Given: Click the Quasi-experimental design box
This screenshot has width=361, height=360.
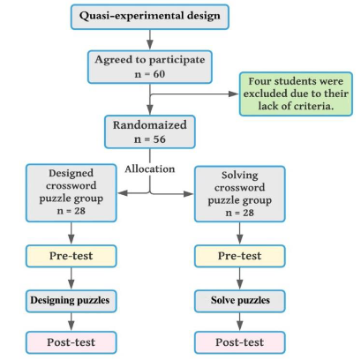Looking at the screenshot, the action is click(x=150, y=17).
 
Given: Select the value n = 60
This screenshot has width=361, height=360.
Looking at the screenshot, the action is click(x=150, y=74).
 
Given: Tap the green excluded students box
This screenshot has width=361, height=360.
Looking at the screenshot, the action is click(x=296, y=94).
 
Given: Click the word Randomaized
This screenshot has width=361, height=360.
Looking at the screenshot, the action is click(x=150, y=125).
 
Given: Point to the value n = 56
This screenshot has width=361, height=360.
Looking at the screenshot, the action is click(x=150, y=139).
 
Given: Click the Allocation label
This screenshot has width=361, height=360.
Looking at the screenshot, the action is click(x=150, y=169).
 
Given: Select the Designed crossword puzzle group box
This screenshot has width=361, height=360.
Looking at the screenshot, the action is click(x=71, y=193).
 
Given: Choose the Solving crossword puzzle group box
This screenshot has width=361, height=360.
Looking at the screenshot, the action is click(x=240, y=194).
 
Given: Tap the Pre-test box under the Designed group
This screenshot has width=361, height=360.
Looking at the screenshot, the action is click(x=71, y=256).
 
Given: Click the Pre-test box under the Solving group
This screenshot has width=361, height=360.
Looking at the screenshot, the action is click(x=240, y=256).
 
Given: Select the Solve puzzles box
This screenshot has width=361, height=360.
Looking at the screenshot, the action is click(x=240, y=301).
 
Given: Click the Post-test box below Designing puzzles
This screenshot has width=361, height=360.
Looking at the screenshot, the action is click(x=71, y=342).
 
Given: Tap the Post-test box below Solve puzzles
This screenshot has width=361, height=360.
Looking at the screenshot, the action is click(x=240, y=342).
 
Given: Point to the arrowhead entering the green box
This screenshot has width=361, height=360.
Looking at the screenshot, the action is click(x=234, y=94).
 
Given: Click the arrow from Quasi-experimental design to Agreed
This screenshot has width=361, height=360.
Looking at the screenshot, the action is click(x=150, y=40).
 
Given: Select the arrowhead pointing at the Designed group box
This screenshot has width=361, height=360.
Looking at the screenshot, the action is click(x=123, y=193).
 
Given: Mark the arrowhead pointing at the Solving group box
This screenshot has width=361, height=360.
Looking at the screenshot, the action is click(x=189, y=194).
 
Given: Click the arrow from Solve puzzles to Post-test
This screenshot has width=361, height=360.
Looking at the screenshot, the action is click(x=240, y=322).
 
